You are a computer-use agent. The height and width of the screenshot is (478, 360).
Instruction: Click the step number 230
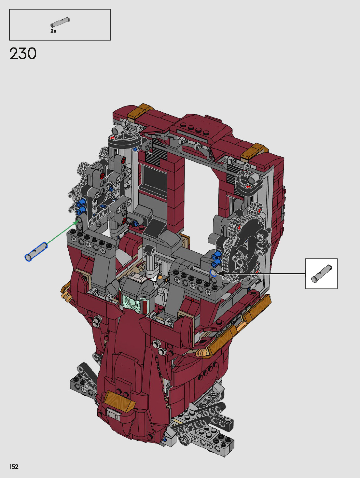(x=23, y=54)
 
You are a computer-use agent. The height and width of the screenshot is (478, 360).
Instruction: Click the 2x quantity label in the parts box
(x=53, y=31)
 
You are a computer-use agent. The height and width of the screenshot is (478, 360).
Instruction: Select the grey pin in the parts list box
(x=60, y=22)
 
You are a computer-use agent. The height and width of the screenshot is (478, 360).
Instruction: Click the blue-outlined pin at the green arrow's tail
(x=36, y=251)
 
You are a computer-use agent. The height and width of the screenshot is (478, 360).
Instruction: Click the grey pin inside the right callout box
(x=322, y=273)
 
